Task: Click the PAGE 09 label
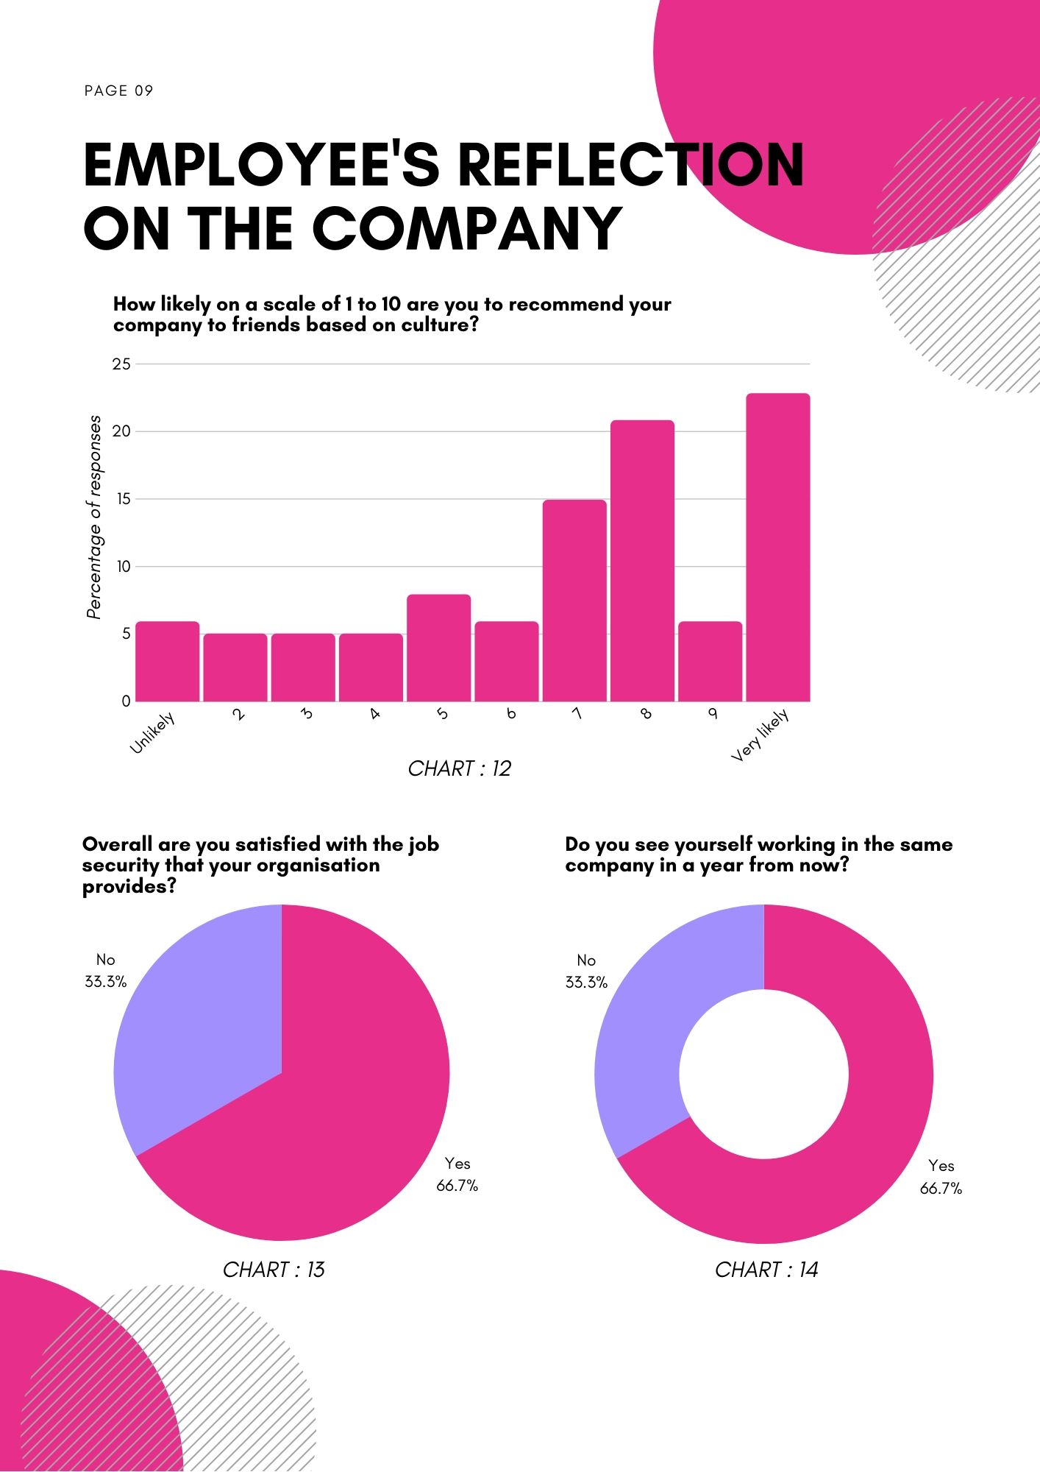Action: (x=118, y=91)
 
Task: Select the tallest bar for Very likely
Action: (x=777, y=548)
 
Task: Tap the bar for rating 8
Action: (x=642, y=561)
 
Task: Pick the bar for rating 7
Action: (x=574, y=601)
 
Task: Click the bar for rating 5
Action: (x=438, y=648)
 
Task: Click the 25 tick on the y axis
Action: (x=121, y=364)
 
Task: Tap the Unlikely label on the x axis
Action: (x=152, y=733)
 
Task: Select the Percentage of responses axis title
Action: (x=94, y=517)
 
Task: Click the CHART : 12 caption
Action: (x=459, y=768)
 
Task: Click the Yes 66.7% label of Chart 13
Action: (x=457, y=1174)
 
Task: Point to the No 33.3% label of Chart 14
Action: (x=586, y=971)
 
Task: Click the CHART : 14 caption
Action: (x=766, y=1270)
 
